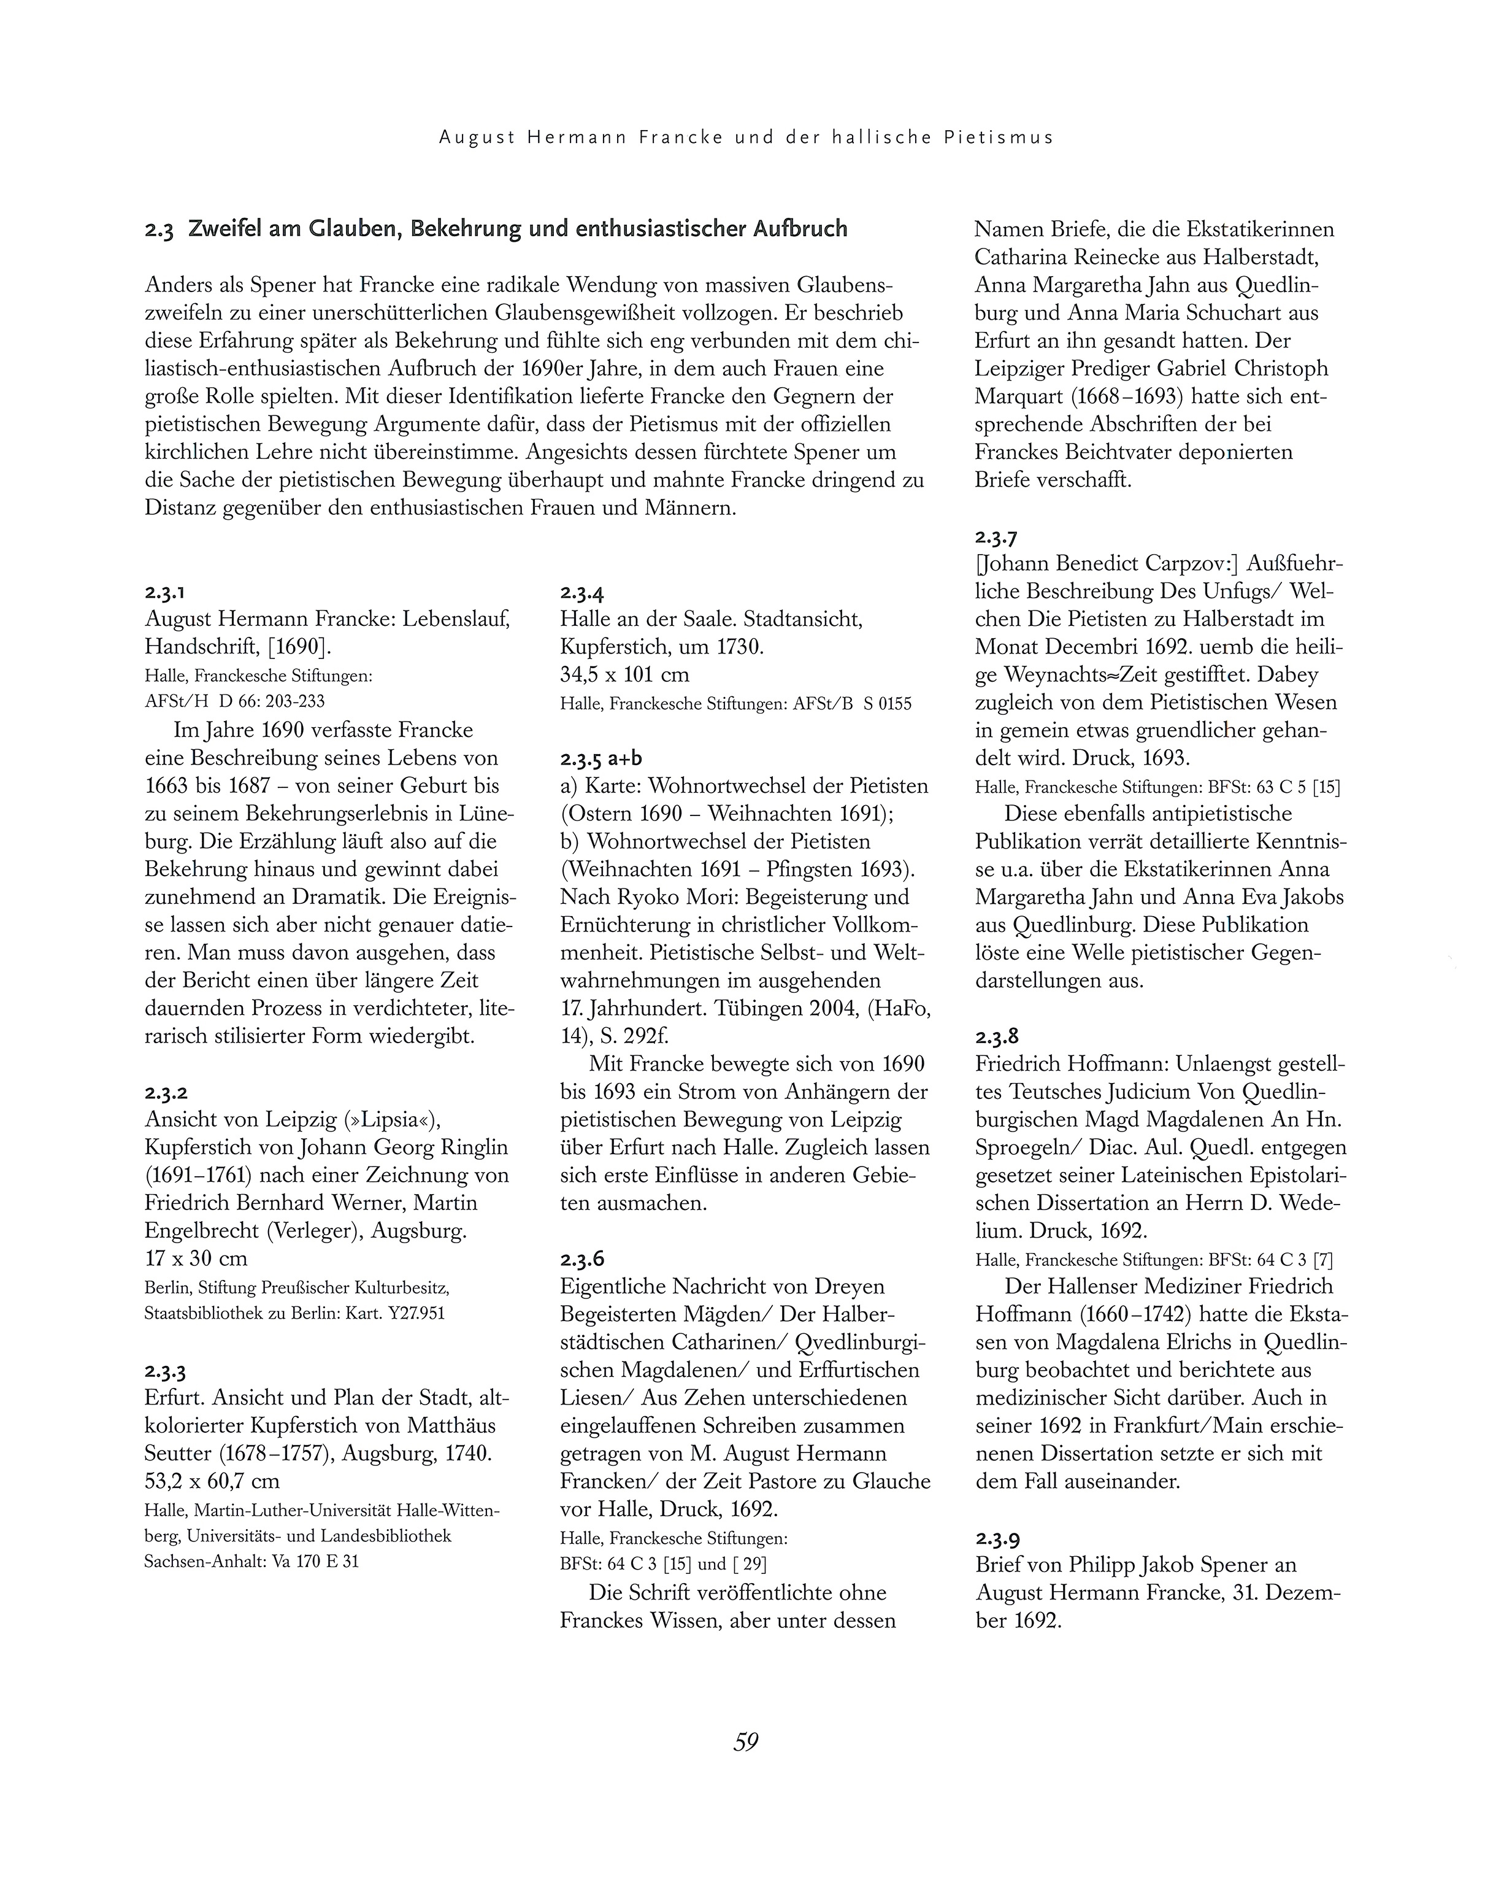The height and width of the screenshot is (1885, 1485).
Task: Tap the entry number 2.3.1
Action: (165, 593)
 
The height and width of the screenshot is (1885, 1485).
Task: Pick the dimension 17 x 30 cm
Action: (196, 1258)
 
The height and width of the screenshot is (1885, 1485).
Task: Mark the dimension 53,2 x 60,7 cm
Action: (212, 1481)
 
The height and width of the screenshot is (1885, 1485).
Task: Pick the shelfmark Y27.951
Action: (417, 1314)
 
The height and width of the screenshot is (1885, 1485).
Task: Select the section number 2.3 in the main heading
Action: (160, 231)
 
